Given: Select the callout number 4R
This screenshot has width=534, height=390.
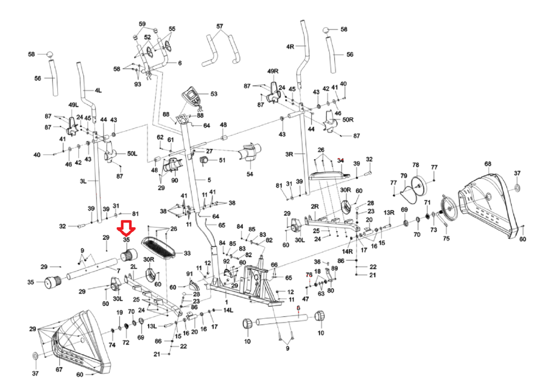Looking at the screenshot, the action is (x=290, y=47).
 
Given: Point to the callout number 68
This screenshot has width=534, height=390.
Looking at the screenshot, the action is (x=488, y=164).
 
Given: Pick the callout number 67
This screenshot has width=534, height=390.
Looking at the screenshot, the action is (x=59, y=369).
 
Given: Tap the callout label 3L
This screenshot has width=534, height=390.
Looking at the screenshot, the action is (x=83, y=181).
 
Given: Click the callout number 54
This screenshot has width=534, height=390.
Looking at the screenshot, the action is (x=249, y=174).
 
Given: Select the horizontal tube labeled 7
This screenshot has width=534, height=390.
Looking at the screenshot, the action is (x=92, y=269).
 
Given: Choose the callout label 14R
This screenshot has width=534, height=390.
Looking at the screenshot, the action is (x=347, y=252).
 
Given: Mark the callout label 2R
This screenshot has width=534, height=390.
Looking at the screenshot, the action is (x=315, y=207).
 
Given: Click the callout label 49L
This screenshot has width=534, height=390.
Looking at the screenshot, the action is (x=73, y=105).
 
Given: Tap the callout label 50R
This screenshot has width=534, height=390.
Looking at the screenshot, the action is (x=348, y=119).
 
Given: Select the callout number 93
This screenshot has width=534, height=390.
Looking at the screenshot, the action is (x=138, y=84).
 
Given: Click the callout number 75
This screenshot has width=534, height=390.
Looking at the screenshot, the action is (x=446, y=239).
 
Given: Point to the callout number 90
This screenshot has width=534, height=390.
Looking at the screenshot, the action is (x=175, y=180).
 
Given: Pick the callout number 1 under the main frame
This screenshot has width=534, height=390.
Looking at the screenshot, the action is (x=226, y=302).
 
